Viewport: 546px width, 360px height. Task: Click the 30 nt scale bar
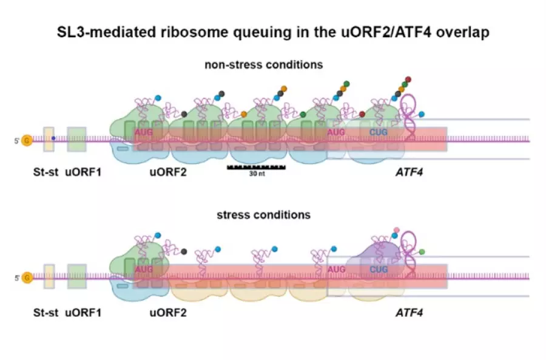256,166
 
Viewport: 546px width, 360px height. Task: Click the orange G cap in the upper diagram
27,141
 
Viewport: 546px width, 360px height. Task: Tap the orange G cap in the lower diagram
27,279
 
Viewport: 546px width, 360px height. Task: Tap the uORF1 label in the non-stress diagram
83,172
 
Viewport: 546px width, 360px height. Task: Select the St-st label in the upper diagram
45,172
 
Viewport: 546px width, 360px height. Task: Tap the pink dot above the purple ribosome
397,229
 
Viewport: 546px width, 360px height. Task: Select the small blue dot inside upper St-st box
53,138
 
